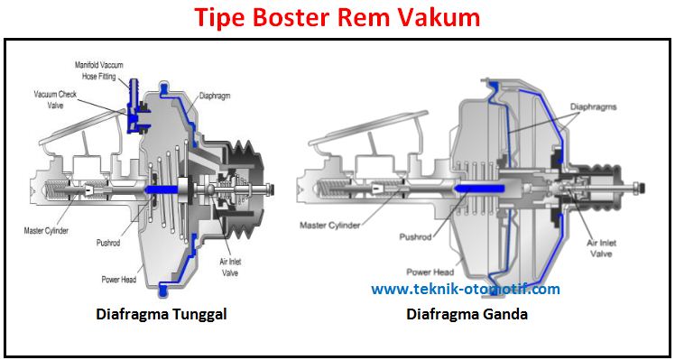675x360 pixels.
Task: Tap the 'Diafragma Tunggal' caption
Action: click(x=161, y=315)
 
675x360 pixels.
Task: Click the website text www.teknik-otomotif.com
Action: click(x=466, y=290)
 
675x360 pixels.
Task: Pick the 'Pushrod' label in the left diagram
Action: click(x=111, y=243)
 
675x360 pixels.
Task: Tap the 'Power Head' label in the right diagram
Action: click(x=428, y=271)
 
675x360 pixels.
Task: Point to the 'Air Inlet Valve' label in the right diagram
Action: click(x=603, y=248)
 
